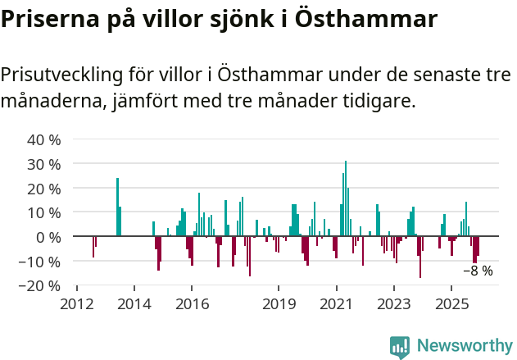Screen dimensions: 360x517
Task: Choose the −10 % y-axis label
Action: click(x=41, y=262)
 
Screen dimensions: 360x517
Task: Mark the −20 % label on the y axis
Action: click(x=41, y=286)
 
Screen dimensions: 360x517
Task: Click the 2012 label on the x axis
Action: click(x=77, y=304)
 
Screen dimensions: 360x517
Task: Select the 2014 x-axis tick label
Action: click(x=134, y=304)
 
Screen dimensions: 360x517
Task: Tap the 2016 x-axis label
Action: click(x=192, y=304)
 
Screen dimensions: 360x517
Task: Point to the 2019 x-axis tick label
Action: click(x=279, y=304)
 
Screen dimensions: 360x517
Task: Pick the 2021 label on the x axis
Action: click(x=336, y=304)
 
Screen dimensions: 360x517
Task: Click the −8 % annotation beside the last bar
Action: click(x=478, y=271)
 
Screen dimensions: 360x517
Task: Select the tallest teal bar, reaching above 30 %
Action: click(x=346, y=199)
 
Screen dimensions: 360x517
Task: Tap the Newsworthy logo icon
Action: click(x=400, y=347)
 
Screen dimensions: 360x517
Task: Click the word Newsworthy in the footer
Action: click(x=464, y=347)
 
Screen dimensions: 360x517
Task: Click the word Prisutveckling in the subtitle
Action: click(x=61, y=74)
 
